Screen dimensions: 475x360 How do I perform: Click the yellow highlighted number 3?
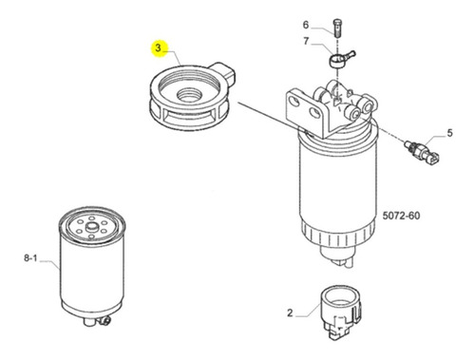point(158,48)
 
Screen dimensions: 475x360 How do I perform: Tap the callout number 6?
point(306,25)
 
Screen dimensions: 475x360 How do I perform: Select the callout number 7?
point(306,41)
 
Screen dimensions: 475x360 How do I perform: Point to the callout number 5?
point(449,133)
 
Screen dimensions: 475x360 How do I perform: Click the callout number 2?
point(290,313)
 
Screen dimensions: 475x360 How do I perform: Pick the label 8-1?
point(30,258)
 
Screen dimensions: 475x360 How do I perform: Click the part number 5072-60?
point(401,216)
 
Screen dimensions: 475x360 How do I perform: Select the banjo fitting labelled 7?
point(341,59)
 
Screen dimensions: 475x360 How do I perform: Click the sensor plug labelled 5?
point(422,153)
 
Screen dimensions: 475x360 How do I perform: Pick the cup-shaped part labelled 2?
point(340,312)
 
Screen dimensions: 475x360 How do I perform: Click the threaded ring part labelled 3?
point(192,97)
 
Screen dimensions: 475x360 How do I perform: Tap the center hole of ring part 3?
point(189,95)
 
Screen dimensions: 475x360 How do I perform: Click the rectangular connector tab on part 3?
point(224,73)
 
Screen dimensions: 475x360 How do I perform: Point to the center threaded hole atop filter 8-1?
point(92,227)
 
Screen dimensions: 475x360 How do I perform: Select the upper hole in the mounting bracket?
point(294,102)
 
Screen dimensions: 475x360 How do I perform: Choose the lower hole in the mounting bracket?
point(314,112)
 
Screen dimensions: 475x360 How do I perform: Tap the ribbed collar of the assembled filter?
point(337,234)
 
